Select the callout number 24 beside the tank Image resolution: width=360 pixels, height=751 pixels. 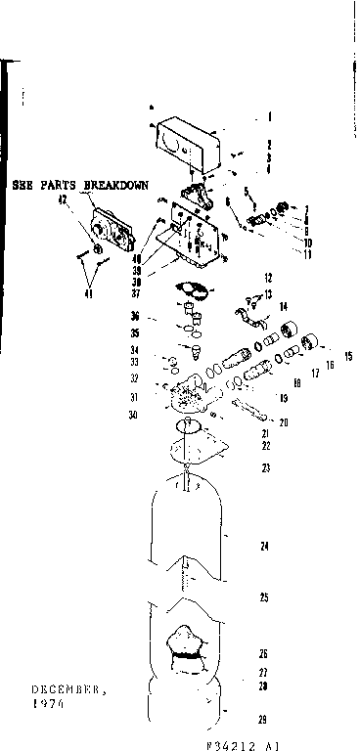(x=264, y=546)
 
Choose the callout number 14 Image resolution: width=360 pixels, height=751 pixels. (x=282, y=307)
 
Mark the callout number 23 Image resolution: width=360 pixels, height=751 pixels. (x=264, y=467)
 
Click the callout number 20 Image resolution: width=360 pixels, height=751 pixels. (x=284, y=422)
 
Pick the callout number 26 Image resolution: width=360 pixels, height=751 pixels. (x=264, y=652)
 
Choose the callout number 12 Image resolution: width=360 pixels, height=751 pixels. (x=266, y=277)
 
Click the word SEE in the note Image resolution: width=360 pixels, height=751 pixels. (x=22, y=184)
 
